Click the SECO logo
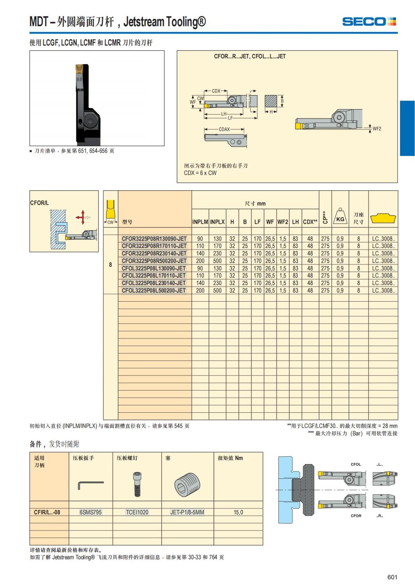(x=369, y=22)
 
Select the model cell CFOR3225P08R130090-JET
(x=154, y=239)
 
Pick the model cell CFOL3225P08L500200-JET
(x=154, y=291)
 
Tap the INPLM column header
(x=200, y=222)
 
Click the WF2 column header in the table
(x=283, y=222)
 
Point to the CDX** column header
(x=310, y=222)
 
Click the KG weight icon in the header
(x=340, y=217)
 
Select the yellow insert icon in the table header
(x=383, y=219)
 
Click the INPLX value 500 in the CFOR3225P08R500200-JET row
(x=217, y=261)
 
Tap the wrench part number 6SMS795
(x=91, y=512)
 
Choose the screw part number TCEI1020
(x=137, y=512)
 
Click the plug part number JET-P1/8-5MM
(x=187, y=512)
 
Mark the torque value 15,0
(x=238, y=512)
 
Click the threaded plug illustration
(x=187, y=484)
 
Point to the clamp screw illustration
(x=137, y=484)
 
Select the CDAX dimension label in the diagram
(x=224, y=129)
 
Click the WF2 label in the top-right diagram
(x=377, y=129)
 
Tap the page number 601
(x=392, y=577)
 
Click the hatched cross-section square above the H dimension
(x=271, y=101)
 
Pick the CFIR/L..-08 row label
(x=47, y=512)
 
